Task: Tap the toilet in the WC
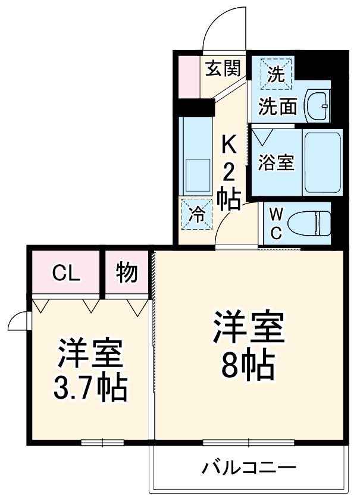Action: pyautogui.click(x=308, y=224)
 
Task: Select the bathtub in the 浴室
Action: pyautogui.click(x=322, y=161)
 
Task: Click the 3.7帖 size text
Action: pyautogui.click(x=90, y=387)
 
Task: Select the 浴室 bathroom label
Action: pyautogui.click(x=276, y=162)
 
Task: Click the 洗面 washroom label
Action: pyautogui.click(x=277, y=107)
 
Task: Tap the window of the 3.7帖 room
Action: pyautogui.click(x=102, y=442)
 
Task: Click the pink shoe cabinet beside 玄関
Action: pyautogui.click(x=189, y=76)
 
